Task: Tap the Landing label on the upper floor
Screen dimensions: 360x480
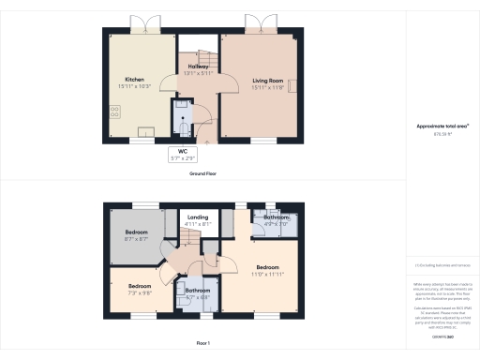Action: point(198,218)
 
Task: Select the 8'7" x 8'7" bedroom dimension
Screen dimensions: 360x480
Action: point(137,239)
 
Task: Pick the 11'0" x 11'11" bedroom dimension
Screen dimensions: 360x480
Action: point(268,274)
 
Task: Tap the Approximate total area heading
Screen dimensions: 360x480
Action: point(442,127)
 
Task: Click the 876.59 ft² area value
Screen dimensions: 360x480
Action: point(442,134)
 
